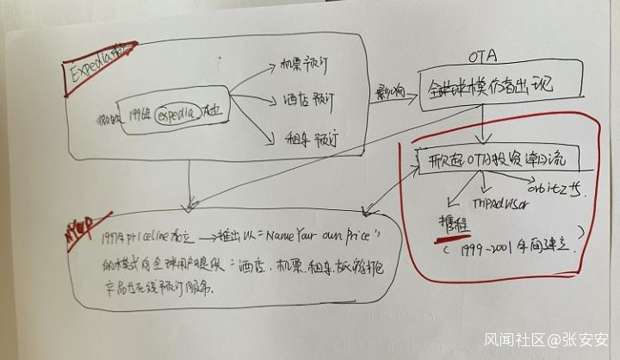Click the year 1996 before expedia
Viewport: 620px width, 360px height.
click(138, 113)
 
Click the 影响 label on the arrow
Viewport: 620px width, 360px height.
click(386, 91)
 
